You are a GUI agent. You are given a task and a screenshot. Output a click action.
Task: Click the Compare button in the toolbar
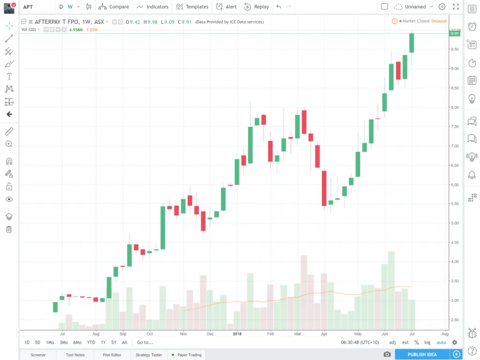[x=114, y=7]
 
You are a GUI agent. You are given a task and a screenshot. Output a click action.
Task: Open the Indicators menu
[x=153, y=7]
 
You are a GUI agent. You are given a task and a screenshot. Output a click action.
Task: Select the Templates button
[x=192, y=7]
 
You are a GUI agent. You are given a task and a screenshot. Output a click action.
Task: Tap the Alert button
[x=226, y=7]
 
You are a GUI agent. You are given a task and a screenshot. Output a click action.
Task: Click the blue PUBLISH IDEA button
[x=422, y=354]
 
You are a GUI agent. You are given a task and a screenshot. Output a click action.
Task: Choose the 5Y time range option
[x=114, y=342]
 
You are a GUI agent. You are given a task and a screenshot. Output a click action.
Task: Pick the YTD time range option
[x=91, y=342]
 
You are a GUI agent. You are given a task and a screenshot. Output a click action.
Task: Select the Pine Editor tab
[x=112, y=355]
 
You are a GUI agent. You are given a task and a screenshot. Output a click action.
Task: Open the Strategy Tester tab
[x=149, y=355]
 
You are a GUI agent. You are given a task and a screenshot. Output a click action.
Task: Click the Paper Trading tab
[x=189, y=355]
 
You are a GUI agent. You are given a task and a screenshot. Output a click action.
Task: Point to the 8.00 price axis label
[x=455, y=107]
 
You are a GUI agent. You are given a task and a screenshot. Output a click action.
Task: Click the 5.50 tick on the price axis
[x=455, y=204]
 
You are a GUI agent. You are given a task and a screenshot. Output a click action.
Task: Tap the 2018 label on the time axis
[x=237, y=334]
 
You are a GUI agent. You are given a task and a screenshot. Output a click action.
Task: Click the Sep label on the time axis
[x=123, y=334]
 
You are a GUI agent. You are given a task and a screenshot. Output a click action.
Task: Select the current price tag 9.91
[x=454, y=33]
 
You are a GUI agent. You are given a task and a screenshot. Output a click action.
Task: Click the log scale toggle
[x=427, y=342]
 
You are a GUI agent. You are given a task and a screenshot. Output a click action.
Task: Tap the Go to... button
[x=145, y=342]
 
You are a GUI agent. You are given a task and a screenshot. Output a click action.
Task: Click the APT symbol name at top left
[x=28, y=7]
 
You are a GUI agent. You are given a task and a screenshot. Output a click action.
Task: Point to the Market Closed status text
[x=416, y=21]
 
